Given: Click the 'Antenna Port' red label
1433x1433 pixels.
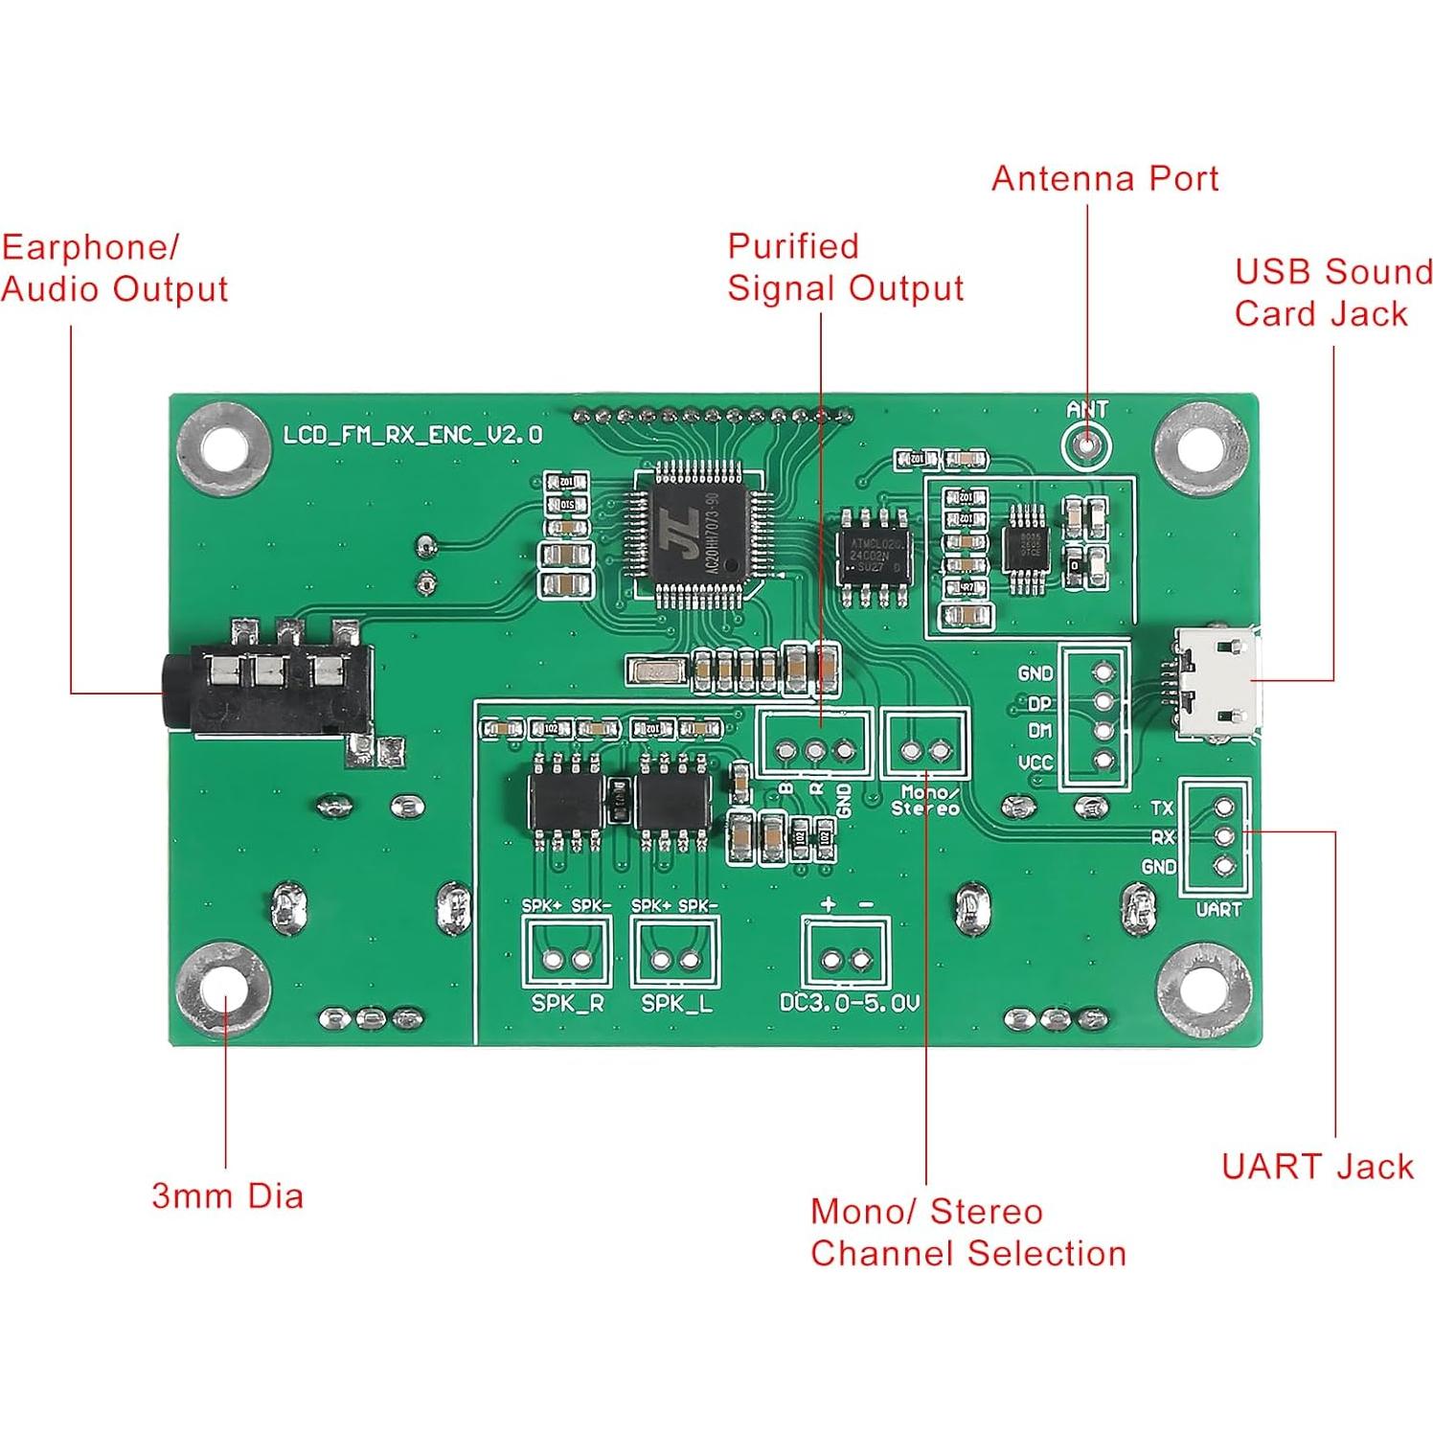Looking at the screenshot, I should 1103,179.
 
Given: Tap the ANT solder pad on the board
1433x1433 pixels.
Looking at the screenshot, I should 1086,444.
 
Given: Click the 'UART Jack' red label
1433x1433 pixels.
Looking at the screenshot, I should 1317,1166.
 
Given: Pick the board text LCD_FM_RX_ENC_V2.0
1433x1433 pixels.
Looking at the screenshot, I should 413,435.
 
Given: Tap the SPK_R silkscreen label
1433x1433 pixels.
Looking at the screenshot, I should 567,1004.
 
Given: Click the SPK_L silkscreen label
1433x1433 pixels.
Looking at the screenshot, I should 676,1004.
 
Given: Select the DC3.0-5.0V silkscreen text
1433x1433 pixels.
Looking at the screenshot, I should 849,1003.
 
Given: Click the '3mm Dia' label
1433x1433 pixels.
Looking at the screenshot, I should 227,1195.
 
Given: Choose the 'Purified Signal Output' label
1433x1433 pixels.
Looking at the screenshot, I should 844,267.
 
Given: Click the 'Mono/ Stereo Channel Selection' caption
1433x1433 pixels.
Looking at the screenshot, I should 967,1232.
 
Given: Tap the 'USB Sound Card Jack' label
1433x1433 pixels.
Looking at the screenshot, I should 1331,292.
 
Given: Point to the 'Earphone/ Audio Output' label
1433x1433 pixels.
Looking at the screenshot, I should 113,268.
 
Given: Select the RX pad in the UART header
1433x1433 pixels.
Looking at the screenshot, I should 1223,836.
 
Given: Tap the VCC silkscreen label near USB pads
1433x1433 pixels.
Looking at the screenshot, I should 1035,762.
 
